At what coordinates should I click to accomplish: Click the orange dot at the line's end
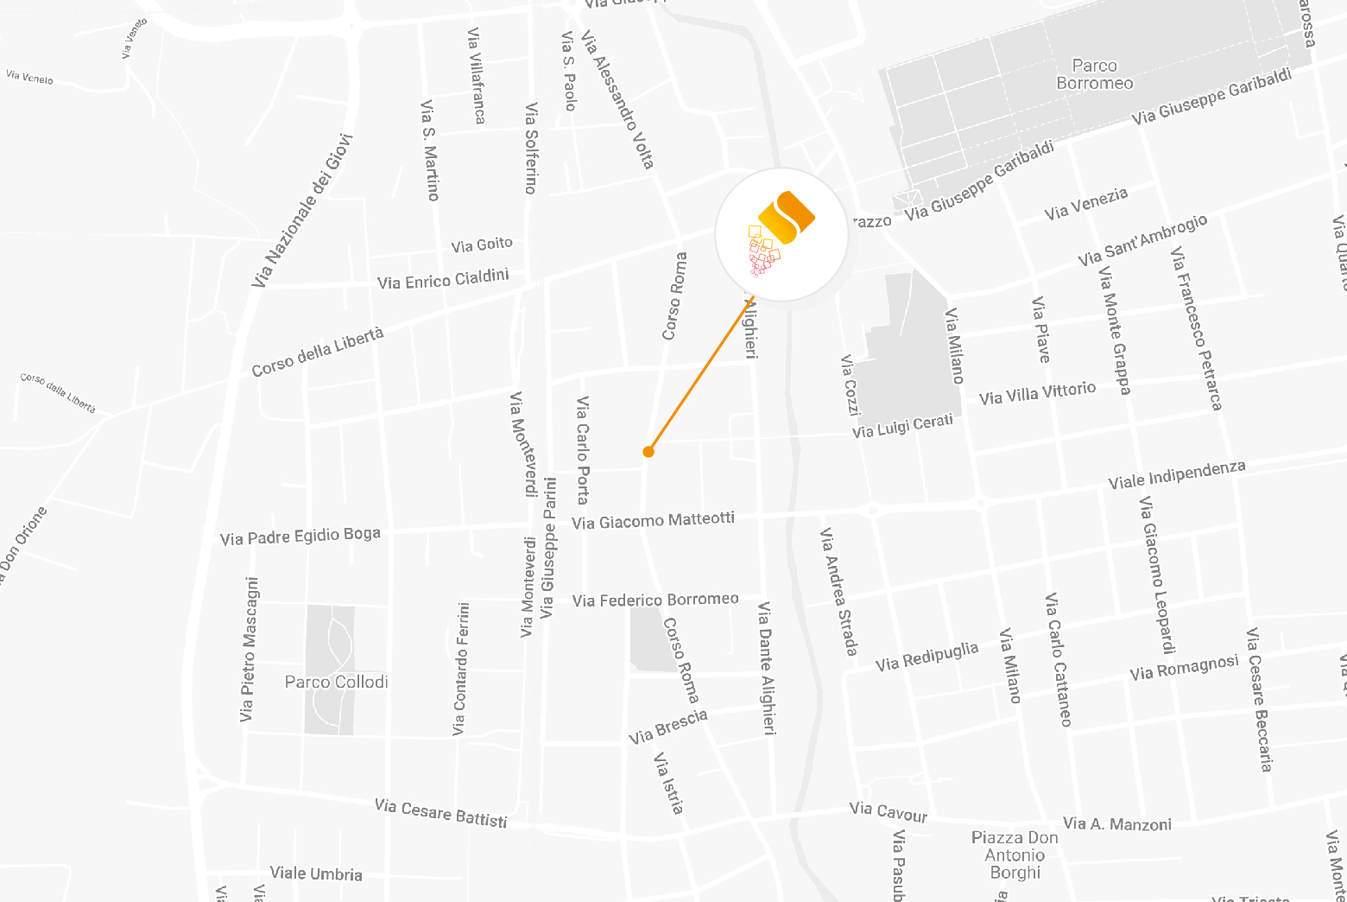click(648, 451)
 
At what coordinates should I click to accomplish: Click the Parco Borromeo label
click(1095, 74)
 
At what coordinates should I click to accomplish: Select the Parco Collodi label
click(337, 682)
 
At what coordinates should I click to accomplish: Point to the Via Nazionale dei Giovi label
click(303, 211)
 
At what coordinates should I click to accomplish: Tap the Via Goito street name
click(482, 245)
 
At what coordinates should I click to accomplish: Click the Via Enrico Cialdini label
click(443, 279)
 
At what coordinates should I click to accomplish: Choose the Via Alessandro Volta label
click(618, 99)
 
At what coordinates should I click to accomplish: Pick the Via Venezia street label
click(1085, 204)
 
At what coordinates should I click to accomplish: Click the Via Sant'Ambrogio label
click(1142, 241)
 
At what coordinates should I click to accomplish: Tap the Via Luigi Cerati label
click(902, 426)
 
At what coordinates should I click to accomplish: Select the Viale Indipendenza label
click(1177, 474)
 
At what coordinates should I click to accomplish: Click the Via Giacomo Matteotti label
click(653, 520)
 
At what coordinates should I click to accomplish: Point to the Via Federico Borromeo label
click(655, 599)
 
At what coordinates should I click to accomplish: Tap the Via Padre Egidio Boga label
click(300, 537)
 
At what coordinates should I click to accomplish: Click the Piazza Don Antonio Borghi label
click(1015, 854)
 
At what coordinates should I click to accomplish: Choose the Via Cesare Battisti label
click(440, 813)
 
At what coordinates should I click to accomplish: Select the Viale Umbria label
click(316, 873)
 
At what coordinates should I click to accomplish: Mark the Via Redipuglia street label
click(926, 657)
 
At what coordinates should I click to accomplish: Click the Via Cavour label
click(888, 811)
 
